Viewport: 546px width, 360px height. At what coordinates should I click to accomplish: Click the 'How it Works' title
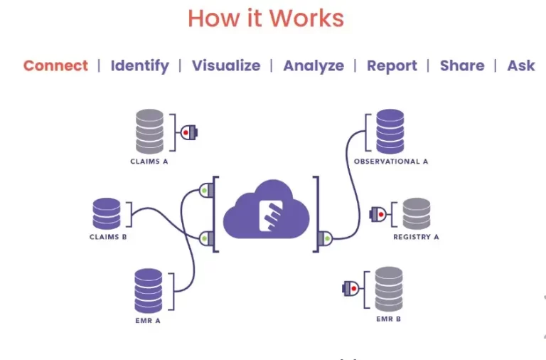(266, 19)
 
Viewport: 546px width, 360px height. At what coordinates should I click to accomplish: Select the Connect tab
(55, 65)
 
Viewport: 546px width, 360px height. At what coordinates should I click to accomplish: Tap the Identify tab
(140, 66)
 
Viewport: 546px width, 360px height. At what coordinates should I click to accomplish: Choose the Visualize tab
(226, 65)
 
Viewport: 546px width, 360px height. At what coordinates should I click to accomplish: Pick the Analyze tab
(314, 65)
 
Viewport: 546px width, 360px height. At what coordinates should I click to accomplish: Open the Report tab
(392, 65)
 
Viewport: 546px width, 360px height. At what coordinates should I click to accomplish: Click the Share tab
(462, 65)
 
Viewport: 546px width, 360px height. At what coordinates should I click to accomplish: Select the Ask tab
(521, 65)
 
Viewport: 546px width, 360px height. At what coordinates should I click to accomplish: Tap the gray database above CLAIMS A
(149, 131)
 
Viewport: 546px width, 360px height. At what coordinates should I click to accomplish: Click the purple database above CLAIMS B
(107, 213)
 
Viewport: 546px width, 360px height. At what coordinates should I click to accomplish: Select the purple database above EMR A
(149, 290)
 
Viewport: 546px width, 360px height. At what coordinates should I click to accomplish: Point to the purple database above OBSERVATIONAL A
(390, 131)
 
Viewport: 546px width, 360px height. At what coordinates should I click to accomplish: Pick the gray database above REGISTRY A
(417, 213)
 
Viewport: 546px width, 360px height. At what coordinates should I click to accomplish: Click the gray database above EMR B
(389, 288)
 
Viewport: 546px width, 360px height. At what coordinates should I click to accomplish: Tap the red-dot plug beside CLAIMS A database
(188, 132)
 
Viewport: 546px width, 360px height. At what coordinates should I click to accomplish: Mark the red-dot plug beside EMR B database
(350, 288)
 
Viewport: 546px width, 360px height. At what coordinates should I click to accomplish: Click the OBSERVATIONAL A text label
(391, 162)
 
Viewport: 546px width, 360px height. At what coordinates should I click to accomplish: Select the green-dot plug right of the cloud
(326, 237)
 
